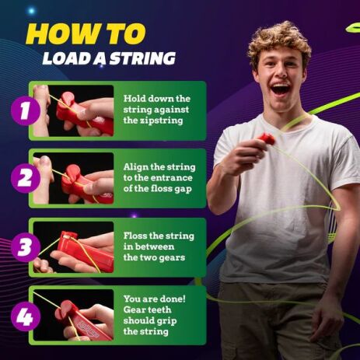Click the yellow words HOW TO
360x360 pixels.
tap(86, 33)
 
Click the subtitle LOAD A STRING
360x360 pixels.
tap(108, 59)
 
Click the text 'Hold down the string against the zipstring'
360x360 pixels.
tap(156, 110)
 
